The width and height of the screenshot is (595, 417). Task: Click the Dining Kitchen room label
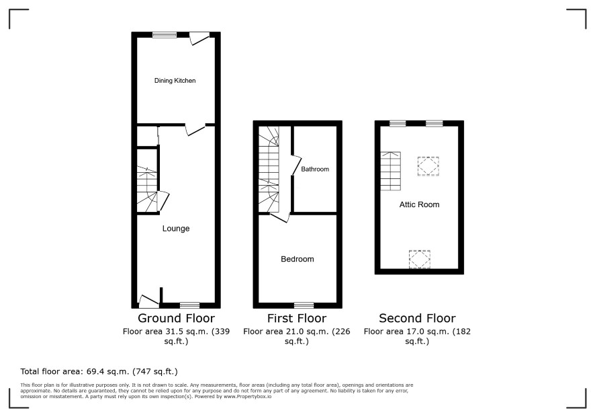[175, 81]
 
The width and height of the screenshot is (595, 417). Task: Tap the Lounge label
[176, 229]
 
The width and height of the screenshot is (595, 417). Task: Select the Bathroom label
[315, 169]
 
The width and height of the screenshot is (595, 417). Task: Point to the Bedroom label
[297, 259]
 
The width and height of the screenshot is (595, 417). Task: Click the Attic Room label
[419, 204]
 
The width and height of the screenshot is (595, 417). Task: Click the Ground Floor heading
[176, 318]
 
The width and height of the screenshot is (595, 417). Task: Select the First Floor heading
[297, 318]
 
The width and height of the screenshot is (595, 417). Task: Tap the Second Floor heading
[418, 318]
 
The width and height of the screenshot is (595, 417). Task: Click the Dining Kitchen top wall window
[165, 35]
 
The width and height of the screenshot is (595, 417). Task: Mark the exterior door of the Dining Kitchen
[199, 38]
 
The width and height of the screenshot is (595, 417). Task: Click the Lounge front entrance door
[149, 301]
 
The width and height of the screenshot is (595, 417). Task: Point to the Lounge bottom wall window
[190, 305]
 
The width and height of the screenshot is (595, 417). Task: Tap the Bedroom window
[304, 305]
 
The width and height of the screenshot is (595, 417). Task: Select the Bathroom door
[296, 165]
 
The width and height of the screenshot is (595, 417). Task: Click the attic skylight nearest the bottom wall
[420, 259]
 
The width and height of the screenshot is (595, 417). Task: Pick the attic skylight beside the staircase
[428, 166]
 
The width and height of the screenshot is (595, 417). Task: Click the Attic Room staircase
[390, 171]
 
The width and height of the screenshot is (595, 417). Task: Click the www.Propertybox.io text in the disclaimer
[248, 396]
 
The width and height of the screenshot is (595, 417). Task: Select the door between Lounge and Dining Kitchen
[195, 130]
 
